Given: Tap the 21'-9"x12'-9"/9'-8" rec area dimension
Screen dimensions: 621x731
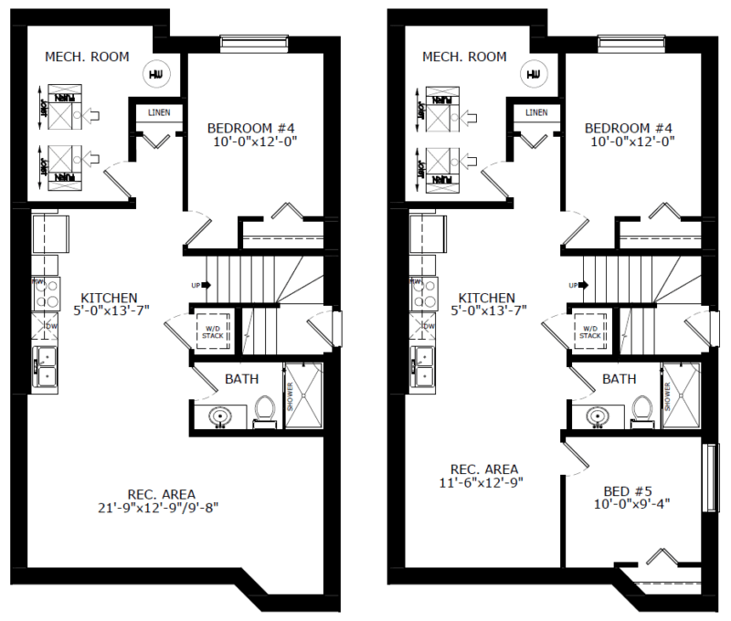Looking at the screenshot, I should [161, 505].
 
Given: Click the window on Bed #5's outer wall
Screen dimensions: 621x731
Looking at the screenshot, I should [708, 478].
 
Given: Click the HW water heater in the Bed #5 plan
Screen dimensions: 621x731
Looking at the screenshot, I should [532, 73].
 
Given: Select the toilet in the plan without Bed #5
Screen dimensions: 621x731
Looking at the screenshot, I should [265, 412].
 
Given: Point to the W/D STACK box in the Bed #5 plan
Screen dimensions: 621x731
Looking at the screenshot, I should [588, 331].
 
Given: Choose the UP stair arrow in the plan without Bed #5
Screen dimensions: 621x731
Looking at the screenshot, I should [200, 285].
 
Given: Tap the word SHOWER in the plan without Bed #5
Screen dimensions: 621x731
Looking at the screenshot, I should [291, 396].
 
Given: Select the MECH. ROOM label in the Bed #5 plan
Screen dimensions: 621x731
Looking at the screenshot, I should [464, 57].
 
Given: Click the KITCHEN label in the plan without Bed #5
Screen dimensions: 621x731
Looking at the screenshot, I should [109, 298].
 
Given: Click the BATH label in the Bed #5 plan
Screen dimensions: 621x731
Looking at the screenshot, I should [619, 378].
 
